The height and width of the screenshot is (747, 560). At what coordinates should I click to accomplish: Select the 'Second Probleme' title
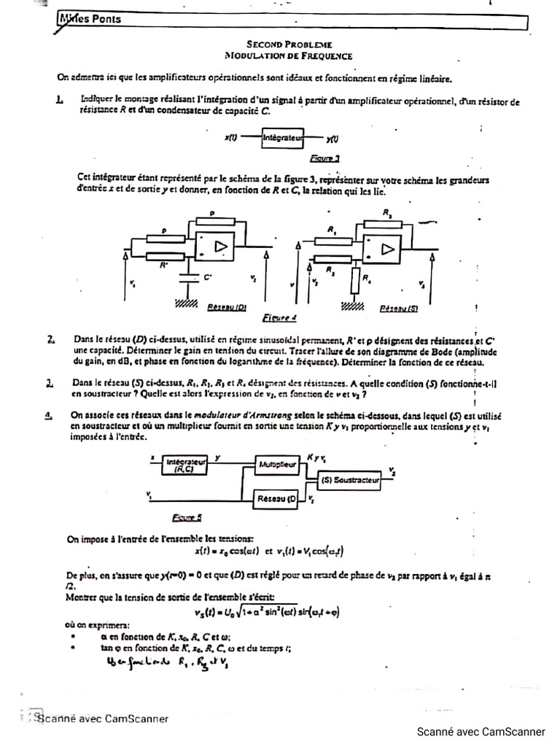288,44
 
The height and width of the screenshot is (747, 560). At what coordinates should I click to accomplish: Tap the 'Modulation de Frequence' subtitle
288,55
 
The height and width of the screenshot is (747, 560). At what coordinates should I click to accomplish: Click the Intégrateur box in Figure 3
281,137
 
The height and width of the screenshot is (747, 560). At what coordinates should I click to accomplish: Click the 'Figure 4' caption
279,319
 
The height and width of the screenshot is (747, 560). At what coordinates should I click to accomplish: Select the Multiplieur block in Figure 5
277,463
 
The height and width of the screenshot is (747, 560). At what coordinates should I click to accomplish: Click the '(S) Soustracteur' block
351,479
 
